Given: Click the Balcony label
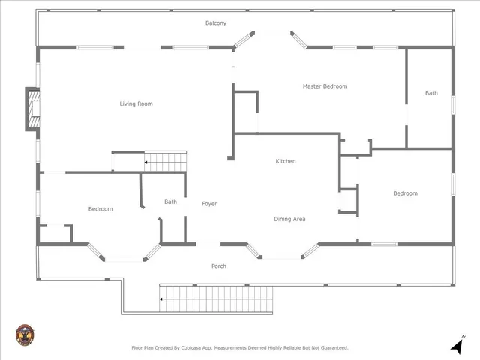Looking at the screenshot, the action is (216, 23).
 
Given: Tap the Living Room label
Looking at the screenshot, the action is (136, 103).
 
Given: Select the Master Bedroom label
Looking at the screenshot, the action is (325, 86).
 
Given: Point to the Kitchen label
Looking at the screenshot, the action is (286, 161).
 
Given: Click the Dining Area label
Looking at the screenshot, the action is (289, 219).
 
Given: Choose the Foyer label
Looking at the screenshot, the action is (209, 204).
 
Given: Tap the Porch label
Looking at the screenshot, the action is (219, 266).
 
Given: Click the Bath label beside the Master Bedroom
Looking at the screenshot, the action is (431, 93).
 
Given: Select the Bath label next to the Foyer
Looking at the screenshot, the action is (170, 202).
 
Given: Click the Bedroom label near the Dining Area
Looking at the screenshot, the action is (405, 193).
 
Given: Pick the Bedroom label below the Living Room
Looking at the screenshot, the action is (100, 209).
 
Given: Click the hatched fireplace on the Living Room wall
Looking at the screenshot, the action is (33, 109).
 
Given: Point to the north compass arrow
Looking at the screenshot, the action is (457, 345).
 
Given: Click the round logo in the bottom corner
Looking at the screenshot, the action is (25, 335).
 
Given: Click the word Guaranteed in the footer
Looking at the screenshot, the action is (334, 348).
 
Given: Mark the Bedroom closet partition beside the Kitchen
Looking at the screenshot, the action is (349, 200).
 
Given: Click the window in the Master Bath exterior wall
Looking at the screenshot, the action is (453, 105).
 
